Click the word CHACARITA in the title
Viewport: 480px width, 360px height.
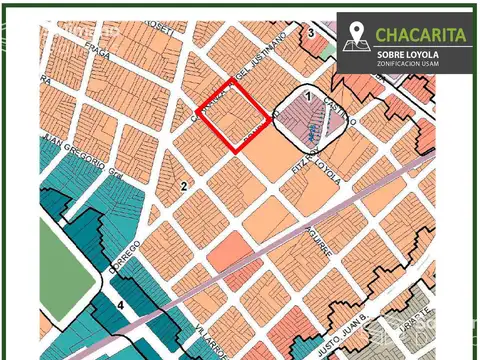[421, 34]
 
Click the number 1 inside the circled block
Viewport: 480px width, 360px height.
[309, 97]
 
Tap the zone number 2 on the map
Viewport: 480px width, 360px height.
[183, 186]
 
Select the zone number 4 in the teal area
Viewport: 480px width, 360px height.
[119, 304]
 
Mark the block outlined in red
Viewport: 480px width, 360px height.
[235, 115]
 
